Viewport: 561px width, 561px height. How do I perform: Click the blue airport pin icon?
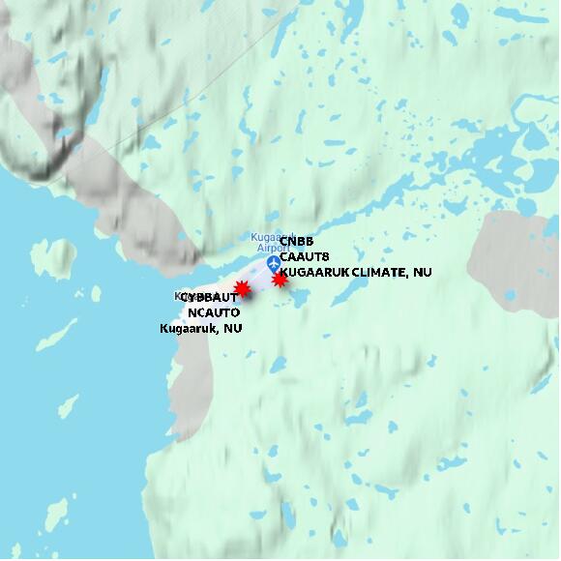[273, 263]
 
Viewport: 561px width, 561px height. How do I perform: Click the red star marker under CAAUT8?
[280, 280]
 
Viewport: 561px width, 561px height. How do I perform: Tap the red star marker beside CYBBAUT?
[243, 288]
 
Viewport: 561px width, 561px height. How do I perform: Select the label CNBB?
[297, 241]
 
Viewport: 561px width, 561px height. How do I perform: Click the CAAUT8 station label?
[305, 256]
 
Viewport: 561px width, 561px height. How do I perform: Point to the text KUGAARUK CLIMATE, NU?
[355, 273]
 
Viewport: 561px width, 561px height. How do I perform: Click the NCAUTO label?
[214, 312]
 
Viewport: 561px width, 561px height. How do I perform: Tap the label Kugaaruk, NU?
[200, 329]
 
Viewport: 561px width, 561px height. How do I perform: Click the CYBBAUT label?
[207, 298]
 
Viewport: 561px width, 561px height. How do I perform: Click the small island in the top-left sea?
[60, 256]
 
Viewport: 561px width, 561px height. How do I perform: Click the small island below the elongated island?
[67, 406]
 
